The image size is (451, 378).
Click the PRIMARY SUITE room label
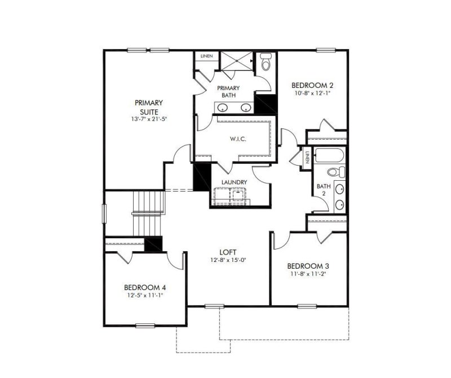point(149,107)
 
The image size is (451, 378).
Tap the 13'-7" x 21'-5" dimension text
point(149,119)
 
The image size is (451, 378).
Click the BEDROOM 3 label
point(308,266)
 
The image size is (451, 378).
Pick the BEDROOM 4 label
point(145,286)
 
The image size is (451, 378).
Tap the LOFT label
point(228,252)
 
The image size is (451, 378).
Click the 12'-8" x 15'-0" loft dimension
point(228,260)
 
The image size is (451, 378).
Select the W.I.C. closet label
point(237,139)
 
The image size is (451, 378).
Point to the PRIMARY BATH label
point(229,91)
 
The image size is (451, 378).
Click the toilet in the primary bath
point(266,61)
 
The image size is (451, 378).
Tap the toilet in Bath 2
point(334,171)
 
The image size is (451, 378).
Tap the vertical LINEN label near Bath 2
point(307,158)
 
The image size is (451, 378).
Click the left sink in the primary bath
point(221,108)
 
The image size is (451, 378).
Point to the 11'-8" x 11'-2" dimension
point(308,274)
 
